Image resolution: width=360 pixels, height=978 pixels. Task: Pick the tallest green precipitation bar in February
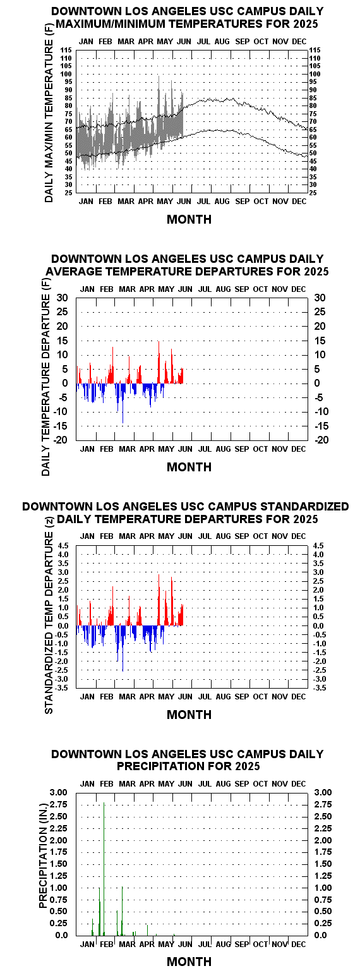point(104,869)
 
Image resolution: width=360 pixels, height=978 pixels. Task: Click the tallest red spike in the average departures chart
point(159,363)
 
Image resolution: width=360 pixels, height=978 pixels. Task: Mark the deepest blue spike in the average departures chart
point(123,404)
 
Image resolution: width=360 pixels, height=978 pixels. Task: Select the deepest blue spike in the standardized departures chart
point(123,648)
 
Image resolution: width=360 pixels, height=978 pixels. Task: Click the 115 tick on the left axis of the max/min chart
point(66,51)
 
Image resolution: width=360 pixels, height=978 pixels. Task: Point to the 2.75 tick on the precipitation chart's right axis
point(323,805)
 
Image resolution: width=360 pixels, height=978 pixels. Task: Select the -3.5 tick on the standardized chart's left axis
point(63,688)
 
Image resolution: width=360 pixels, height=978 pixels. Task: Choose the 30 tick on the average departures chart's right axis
point(320,298)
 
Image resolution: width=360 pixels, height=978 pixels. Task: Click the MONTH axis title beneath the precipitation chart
point(189,962)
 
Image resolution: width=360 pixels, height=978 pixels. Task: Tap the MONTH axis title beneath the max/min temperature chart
point(189,219)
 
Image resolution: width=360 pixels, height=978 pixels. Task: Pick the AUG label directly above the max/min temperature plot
point(222,42)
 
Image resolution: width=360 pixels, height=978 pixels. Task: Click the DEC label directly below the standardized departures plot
point(299,696)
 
